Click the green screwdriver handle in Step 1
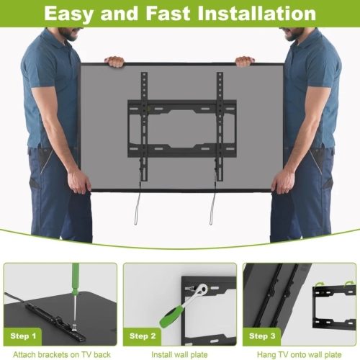point(76,284)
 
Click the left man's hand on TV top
point(115,62)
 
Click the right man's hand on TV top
point(245,62)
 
